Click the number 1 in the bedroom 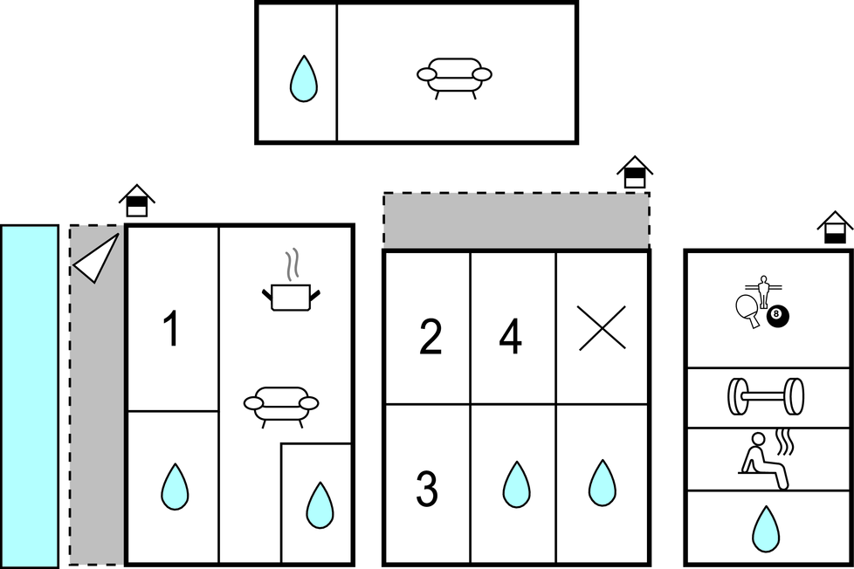171,330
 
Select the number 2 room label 430,339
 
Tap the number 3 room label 427,490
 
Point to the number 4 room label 510,339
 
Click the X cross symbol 603,328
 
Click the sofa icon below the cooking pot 280,406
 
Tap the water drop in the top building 303,79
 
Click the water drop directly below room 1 175,487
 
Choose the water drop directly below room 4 516,483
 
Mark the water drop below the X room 603,483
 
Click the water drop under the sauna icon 766,529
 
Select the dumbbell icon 766,396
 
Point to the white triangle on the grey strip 96,257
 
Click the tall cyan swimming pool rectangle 29,396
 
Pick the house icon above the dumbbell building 836,228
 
